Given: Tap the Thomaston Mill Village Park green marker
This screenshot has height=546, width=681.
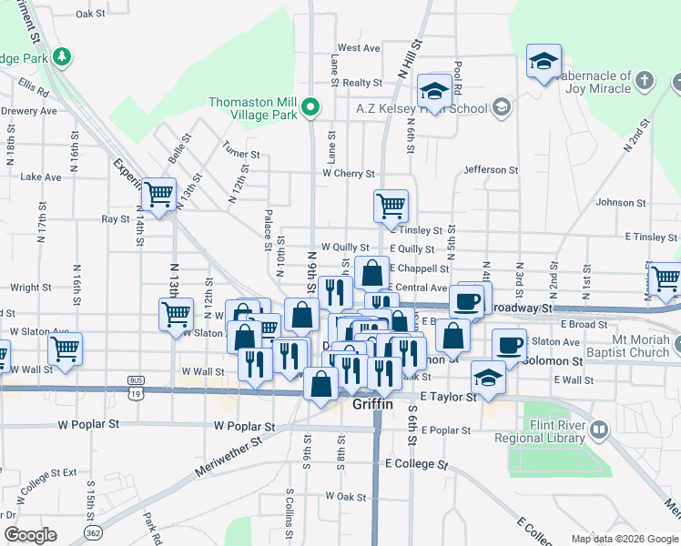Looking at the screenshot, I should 310,108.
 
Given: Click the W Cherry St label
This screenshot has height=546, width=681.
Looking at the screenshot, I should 348,173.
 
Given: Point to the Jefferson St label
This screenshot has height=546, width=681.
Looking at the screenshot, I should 491,170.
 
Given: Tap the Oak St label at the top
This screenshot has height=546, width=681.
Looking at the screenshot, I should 91,14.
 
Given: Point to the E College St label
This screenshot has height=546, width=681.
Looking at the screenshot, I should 417,463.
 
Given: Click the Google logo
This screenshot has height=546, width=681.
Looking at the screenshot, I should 30,535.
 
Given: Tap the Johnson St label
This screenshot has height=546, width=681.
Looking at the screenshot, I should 621,203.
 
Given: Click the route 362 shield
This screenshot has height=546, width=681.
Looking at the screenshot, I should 92,531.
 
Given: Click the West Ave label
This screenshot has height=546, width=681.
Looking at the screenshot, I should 358,48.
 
